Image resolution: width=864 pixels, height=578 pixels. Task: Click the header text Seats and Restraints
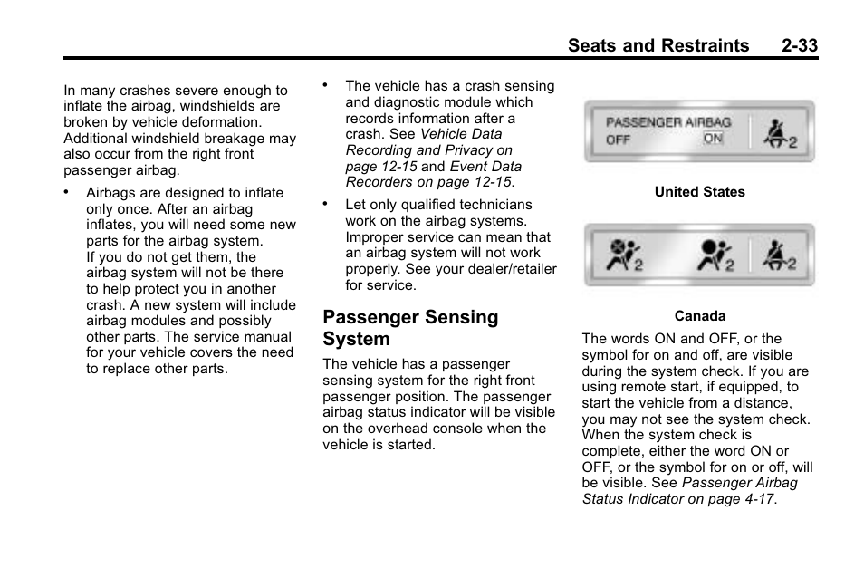point(658,45)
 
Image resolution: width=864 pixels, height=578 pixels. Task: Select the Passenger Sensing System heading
point(410,328)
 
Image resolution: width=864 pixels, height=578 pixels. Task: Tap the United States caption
point(699,192)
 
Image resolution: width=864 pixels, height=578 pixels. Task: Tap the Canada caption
point(699,316)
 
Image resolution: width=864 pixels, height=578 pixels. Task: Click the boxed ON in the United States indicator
point(714,139)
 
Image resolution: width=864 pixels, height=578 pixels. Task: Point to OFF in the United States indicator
point(619,140)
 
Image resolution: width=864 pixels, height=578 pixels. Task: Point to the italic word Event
point(468,167)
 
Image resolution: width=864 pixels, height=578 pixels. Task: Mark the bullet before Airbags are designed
point(66,192)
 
